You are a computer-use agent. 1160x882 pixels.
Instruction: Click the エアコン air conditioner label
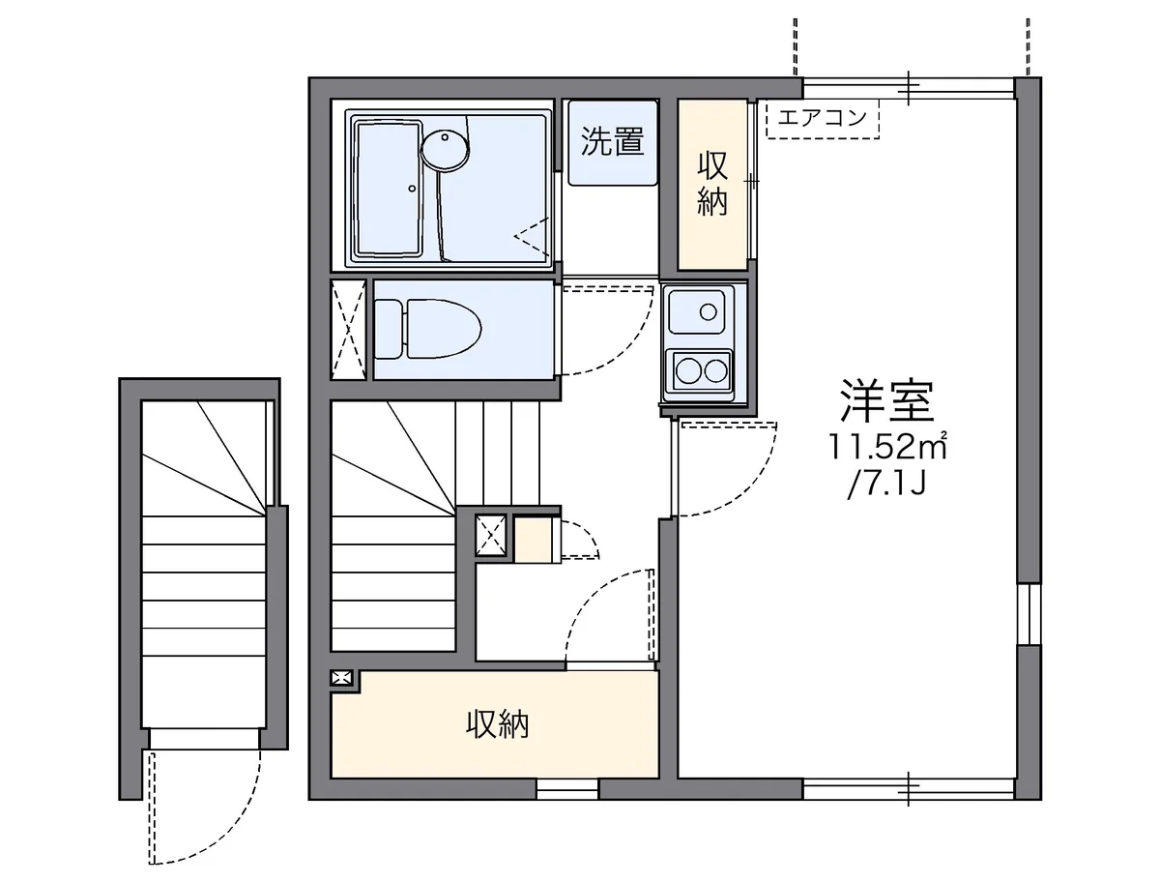(x=822, y=117)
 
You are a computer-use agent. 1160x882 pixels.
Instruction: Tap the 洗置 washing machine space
(x=613, y=142)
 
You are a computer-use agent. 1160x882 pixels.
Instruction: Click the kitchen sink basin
(x=696, y=311)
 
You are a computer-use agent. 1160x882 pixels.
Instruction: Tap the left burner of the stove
(x=688, y=370)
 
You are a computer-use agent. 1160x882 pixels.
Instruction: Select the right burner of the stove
(x=715, y=370)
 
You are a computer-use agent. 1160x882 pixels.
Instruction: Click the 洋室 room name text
(x=887, y=401)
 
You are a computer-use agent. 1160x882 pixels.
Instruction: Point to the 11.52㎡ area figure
(x=887, y=448)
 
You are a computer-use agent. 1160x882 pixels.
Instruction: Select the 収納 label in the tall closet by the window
(x=712, y=184)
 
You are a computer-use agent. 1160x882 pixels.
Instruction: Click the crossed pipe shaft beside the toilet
(x=348, y=329)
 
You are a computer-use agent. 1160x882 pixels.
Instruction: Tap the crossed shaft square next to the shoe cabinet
(x=491, y=536)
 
